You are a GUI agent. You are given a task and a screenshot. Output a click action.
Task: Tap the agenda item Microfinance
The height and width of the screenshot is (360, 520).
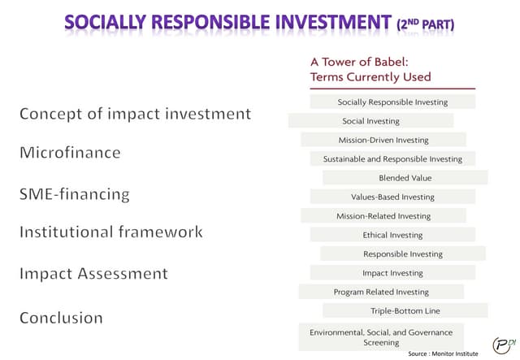coord(70,153)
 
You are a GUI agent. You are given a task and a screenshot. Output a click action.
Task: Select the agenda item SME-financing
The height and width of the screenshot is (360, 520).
coord(75,194)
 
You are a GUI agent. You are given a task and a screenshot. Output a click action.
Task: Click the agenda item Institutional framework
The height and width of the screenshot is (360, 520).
coord(110,232)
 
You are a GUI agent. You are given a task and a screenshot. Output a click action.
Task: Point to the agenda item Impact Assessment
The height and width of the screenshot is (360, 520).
coord(93,274)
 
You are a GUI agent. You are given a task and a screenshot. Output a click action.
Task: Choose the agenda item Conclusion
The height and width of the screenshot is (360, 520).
coord(61,318)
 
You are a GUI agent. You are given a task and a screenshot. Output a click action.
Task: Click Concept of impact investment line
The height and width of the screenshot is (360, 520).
coord(135,114)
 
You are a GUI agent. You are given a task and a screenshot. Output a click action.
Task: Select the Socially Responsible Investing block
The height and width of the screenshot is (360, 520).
coord(392,102)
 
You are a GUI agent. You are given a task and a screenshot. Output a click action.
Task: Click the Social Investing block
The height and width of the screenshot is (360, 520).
coord(371,121)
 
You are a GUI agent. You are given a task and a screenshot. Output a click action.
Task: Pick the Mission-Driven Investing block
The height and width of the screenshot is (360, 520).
coord(383,140)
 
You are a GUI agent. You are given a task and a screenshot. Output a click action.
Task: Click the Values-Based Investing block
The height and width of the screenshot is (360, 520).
coord(392,197)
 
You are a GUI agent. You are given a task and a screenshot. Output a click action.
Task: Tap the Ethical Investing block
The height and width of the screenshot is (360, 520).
coord(392,235)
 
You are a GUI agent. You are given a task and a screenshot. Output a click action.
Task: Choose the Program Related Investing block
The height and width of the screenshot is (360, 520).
coord(381,292)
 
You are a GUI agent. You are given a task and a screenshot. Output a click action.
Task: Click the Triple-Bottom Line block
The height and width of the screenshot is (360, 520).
coord(405,310)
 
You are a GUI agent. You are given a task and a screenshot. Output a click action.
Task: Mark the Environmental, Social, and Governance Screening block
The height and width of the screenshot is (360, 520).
coord(381,337)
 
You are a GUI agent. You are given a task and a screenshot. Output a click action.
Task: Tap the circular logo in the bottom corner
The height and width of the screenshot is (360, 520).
coord(505,343)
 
